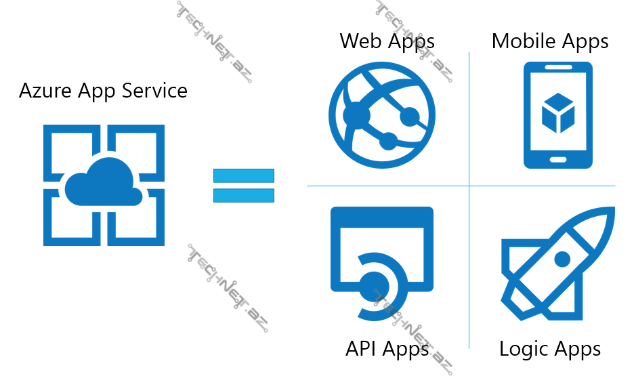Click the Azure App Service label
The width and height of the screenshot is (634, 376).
click(x=103, y=91)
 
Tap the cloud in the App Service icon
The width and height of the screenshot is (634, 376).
click(x=104, y=184)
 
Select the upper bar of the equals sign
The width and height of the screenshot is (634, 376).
click(x=244, y=175)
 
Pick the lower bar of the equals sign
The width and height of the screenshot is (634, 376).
click(x=244, y=195)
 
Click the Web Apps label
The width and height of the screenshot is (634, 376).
click(x=387, y=41)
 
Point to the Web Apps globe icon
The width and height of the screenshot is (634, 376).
click(x=382, y=115)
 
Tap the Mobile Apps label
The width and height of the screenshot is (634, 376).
click(x=550, y=41)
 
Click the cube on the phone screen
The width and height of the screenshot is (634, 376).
click(x=558, y=113)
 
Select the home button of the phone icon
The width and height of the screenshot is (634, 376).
click(x=558, y=161)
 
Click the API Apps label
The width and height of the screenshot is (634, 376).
click(x=387, y=349)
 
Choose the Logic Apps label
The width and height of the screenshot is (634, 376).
click(x=550, y=349)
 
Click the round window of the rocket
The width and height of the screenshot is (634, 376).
click(x=562, y=259)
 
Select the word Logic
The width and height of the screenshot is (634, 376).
click(x=522, y=349)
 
